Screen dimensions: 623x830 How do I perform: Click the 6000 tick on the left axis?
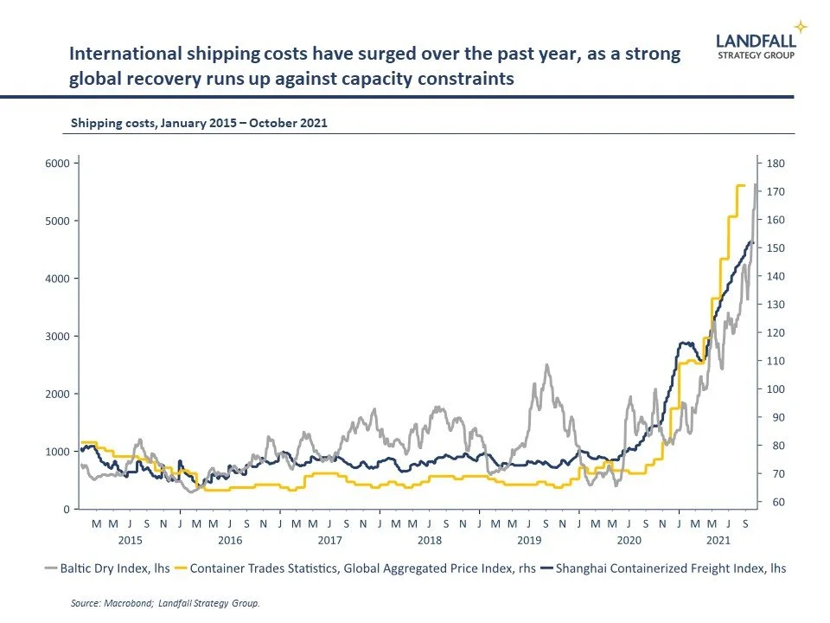point(58,163)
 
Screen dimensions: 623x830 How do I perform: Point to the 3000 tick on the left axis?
point(58,336)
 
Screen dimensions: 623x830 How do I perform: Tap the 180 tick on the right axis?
point(775,163)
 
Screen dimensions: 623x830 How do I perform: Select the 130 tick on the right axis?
point(775,305)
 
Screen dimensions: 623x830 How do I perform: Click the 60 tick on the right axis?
point(772,503)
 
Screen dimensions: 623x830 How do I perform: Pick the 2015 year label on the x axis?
point(130,540)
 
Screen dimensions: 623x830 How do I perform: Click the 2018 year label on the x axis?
point(430,540)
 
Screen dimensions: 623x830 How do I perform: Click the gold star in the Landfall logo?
point(801,27)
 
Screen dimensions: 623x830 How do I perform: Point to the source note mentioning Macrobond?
point(165,603)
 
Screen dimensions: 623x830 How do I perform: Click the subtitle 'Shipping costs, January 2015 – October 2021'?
point(199,123)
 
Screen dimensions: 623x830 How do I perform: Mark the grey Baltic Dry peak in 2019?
point(546,365)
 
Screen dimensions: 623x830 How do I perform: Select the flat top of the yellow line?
point(740,185)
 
